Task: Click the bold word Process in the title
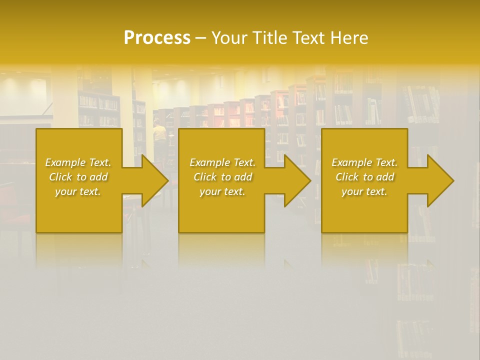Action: (157, 38)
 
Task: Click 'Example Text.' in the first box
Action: (78, 162)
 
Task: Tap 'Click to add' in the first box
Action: (78, 177)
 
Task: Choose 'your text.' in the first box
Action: (78, 191)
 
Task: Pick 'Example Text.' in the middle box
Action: (222, 162)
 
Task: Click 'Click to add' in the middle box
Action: (222, 177)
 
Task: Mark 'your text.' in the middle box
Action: (222, 191)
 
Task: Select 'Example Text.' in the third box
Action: (364, 162)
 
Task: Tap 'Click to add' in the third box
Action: (364, 177)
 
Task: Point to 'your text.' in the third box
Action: (364, 191)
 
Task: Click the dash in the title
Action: (200, 38)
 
